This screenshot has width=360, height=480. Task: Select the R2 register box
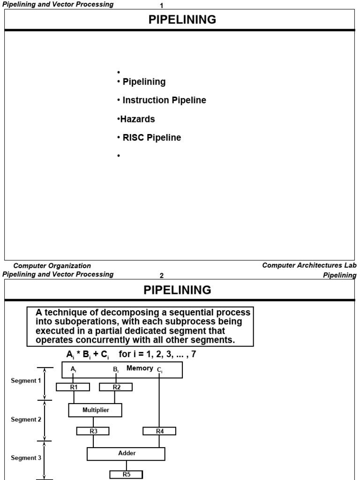coord(116,387)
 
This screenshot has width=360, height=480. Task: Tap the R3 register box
coord(93,431)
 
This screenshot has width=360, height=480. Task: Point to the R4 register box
coord(159,431)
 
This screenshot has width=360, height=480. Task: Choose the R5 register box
coord(127,474)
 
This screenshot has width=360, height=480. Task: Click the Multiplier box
coord(96,410)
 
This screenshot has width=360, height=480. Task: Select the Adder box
coord(126,453)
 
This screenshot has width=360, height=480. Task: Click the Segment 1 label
coord(26,381)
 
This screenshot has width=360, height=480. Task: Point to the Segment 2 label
coord(26,420)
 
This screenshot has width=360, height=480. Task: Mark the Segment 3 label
coord(26,458)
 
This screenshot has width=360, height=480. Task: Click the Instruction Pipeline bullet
coord(164,100)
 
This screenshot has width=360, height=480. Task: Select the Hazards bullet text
coord(137,119)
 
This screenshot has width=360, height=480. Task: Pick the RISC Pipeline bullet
coord(151,138)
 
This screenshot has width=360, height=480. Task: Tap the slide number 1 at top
coord(162,6)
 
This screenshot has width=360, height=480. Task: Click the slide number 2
coord(162,276)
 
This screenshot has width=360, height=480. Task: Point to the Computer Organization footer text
coord(52,266)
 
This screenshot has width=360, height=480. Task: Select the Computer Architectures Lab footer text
coord(309,265)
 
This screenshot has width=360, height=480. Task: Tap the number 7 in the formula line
coord(193,354)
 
